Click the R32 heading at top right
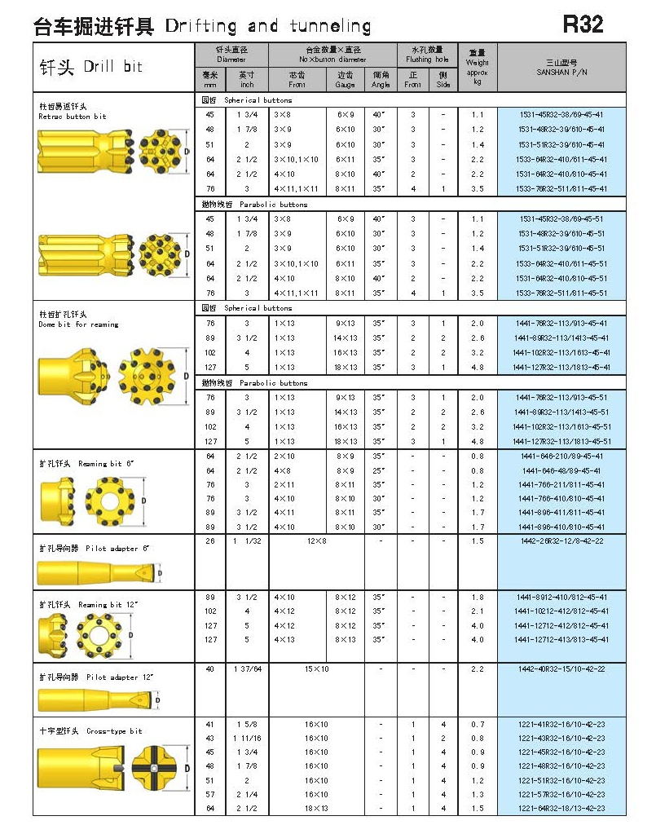(583, 24)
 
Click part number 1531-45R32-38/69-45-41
(561, 115)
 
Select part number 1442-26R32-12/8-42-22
(561, 541)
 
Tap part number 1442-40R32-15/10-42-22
(561, 669)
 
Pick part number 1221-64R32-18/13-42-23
(561, 809)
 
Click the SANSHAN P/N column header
(561, 67)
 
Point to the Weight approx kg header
(477, 67)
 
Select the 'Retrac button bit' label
(73, 117)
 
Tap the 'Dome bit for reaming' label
(78, 324)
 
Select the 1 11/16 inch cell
(246, 739)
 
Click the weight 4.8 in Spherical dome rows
(477, 367)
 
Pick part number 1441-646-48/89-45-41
(561, 470)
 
